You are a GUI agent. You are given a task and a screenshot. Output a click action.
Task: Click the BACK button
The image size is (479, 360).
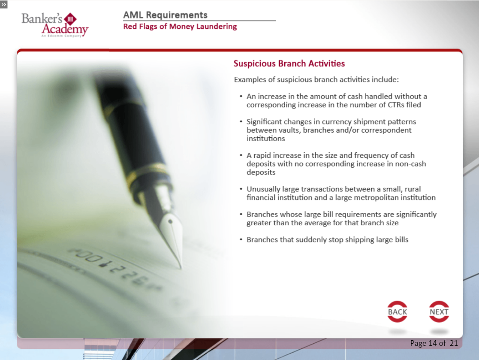point(397,312)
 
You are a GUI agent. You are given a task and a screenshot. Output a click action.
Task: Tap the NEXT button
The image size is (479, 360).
point(439,312)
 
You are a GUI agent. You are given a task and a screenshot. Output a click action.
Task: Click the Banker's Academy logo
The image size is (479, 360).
point(55,25)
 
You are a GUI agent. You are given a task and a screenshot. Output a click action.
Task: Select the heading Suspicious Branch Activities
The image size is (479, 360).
point(289,64)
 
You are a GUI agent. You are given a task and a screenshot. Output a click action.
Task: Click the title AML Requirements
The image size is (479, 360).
point(165,15)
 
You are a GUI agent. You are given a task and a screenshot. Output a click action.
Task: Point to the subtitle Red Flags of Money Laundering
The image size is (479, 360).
point(180,27)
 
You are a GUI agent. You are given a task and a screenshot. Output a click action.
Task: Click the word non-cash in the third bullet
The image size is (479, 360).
point(410,164)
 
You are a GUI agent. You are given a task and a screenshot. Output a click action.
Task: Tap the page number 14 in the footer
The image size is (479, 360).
point(433,343)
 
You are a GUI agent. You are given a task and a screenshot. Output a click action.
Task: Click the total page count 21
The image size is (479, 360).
point(454,343)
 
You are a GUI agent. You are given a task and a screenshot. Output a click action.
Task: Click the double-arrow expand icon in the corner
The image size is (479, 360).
point(4,4)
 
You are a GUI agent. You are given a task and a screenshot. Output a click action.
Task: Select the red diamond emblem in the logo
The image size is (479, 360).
point(71,19)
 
